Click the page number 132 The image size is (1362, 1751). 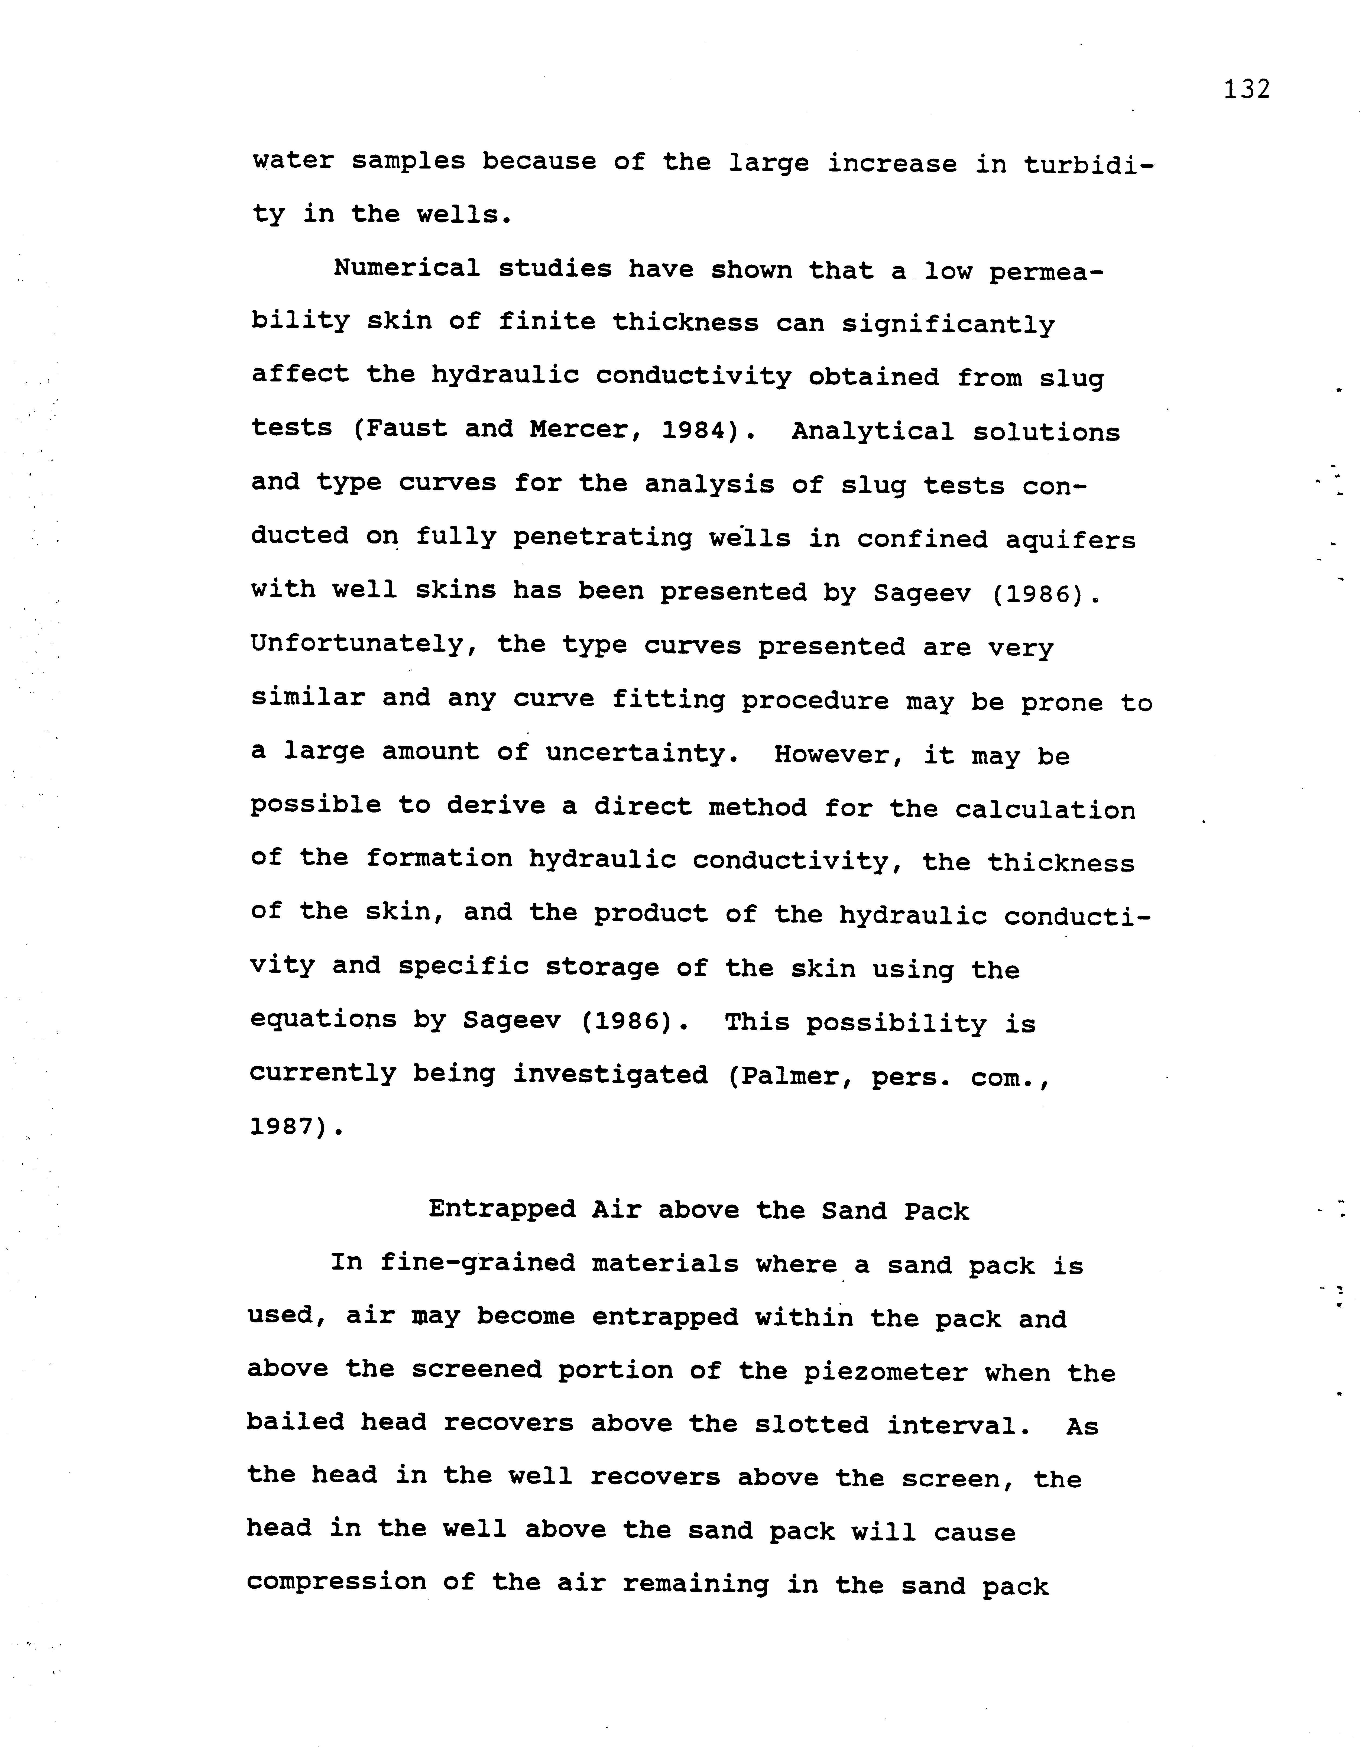(x=1247, y=89)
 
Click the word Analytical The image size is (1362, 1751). (x=872, y=432)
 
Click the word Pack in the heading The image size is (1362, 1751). (x=936, y=1211)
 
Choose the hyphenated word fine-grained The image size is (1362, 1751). (x=477, y=1264)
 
